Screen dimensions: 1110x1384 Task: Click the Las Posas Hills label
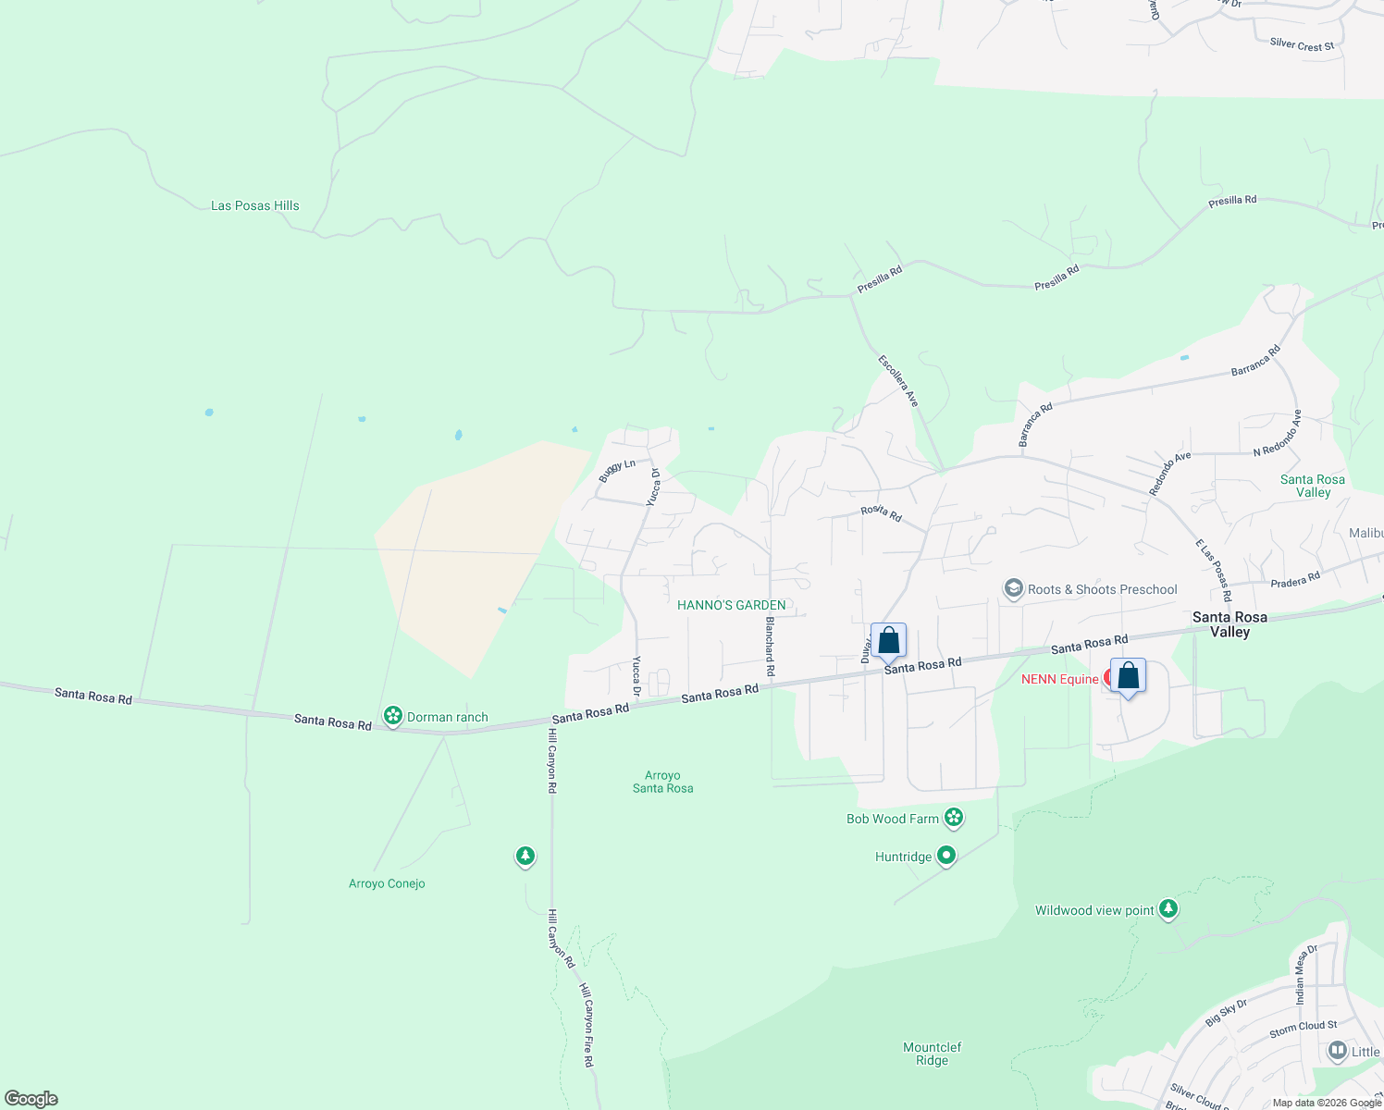pos(254,205)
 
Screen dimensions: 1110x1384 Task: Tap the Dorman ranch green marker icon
pos(393,716)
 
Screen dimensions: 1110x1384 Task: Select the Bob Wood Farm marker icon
pos(954,818)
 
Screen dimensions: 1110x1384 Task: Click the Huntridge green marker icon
pos(945,856)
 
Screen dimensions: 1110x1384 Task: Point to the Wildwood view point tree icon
pos(1168,910)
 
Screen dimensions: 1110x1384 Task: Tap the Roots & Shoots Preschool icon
pos(1013,589)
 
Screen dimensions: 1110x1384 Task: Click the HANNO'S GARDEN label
pos(731,605)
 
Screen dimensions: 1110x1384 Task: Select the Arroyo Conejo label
pos(387,883)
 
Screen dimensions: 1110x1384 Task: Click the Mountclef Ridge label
pos(932,1054)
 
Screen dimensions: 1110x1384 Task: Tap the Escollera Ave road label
pos(898,380)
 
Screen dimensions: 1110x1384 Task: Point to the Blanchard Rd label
pos(769,647)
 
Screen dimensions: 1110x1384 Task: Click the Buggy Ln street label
pos(616,470)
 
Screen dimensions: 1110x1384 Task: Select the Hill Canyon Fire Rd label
pos(587,1025)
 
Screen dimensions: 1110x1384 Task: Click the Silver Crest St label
pos(1302,44)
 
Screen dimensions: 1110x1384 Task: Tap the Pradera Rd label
pos(1295,581)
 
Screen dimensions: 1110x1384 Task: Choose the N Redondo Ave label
pos(1277,433)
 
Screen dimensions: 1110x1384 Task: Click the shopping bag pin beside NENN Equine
pos(1128,677)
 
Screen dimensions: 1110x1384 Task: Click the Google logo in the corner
pos(31,1099)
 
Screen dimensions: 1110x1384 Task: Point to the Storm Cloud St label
pos(1303,1028)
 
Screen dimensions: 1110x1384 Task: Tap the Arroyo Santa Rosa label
pos(662,782)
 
